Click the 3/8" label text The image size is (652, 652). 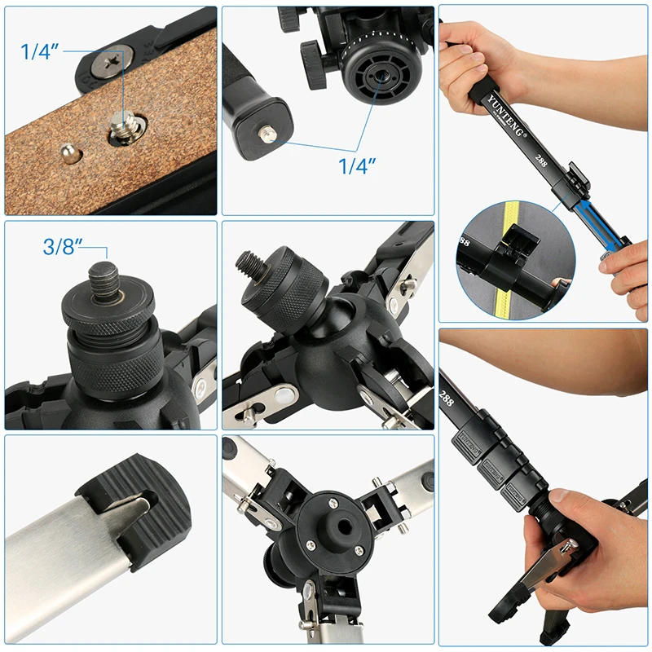tap(62, 247)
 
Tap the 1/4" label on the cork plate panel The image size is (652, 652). tap(41, 53)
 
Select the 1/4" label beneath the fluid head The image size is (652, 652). tap(357, 166)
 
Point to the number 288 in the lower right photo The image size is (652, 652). tap(447, 397)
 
